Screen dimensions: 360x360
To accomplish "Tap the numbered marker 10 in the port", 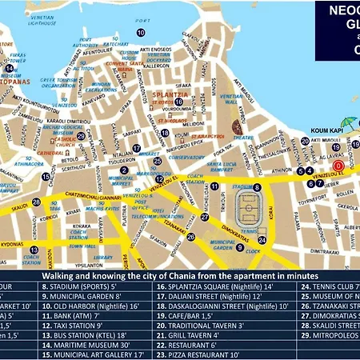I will coord(141,33).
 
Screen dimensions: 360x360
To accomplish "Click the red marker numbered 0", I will coord(338,166).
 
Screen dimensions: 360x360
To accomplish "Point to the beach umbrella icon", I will coord(238,126).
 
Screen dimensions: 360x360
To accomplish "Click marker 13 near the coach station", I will coord(34,250).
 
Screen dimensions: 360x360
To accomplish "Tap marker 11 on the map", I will coord(215,186).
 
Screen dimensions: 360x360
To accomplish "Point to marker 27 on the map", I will coord(205,215).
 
